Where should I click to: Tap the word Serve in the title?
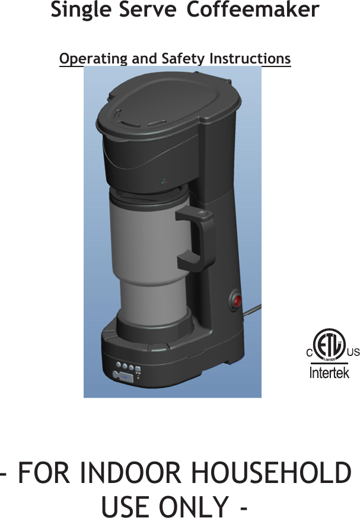point(144,11)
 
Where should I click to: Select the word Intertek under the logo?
point(330,373)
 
